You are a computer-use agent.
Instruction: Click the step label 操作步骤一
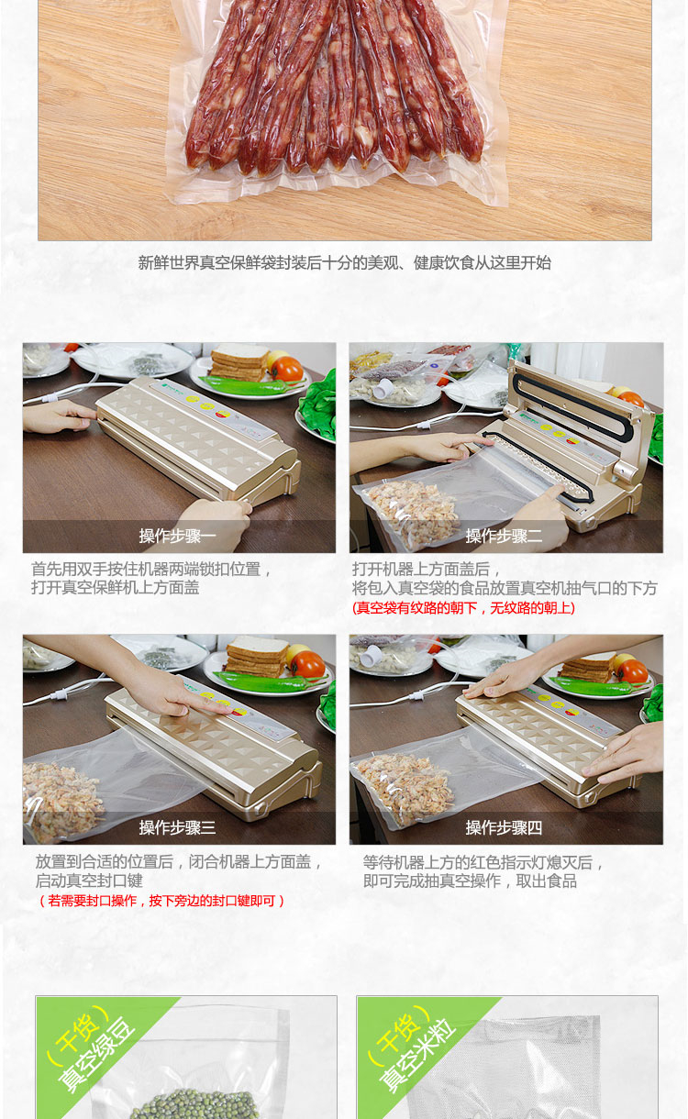coord(177,536)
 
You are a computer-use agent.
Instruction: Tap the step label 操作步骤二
coord(504,536)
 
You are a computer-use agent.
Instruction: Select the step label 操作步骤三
coord(177,827)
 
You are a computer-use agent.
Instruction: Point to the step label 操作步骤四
coord(504,827)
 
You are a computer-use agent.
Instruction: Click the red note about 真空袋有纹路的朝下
coord(463,608)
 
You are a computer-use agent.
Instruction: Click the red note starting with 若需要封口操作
coord(161,901)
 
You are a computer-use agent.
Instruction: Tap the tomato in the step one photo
coord(287,369)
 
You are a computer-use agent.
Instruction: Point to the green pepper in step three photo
coord(266,681)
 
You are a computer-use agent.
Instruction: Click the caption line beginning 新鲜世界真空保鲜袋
coord(344,262)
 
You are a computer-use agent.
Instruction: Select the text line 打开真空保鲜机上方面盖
coord(115,587)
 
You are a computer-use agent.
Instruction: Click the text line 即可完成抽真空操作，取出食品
coord(471,881)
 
